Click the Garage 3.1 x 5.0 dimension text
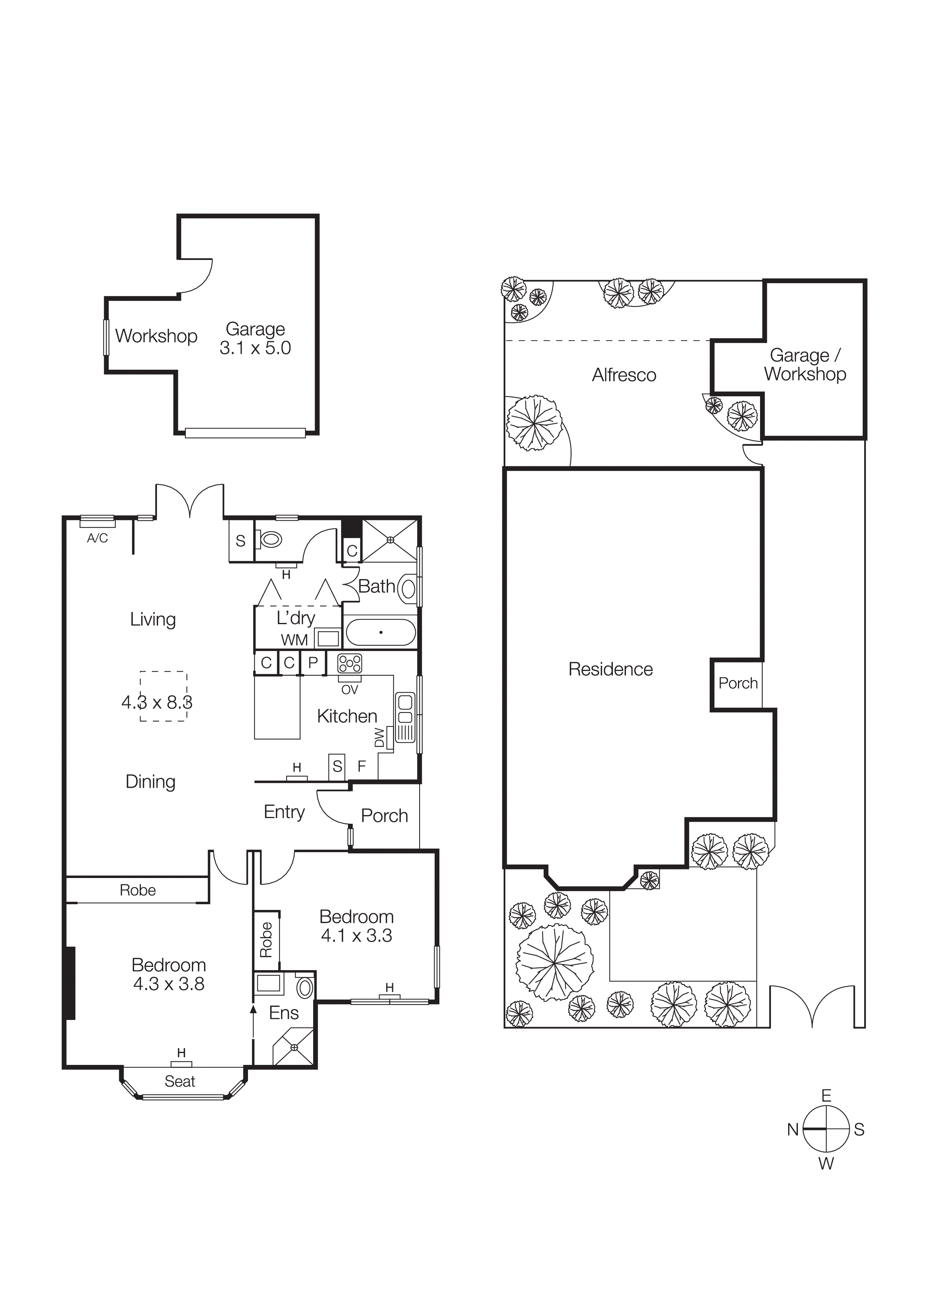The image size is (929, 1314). [255, 348]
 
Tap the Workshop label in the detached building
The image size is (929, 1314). [156, 336]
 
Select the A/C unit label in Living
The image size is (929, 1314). [97, 538]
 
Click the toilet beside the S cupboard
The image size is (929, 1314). [271, 539]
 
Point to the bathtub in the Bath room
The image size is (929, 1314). [381, 632]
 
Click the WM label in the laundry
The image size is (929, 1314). [294, 640]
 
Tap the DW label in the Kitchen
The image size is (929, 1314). [379, 738]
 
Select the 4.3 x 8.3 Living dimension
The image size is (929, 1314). [157, 702]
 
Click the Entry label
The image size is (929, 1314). [284, 812]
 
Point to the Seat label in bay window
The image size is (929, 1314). [180, 1081]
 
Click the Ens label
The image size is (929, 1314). [284, 1012]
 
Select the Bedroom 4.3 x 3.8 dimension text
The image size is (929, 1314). [169, 984]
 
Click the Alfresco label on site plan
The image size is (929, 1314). [624, 375]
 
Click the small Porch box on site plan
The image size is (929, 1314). [738, 683]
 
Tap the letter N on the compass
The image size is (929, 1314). [793, 1130]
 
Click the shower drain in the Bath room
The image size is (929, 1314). [390, 540]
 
